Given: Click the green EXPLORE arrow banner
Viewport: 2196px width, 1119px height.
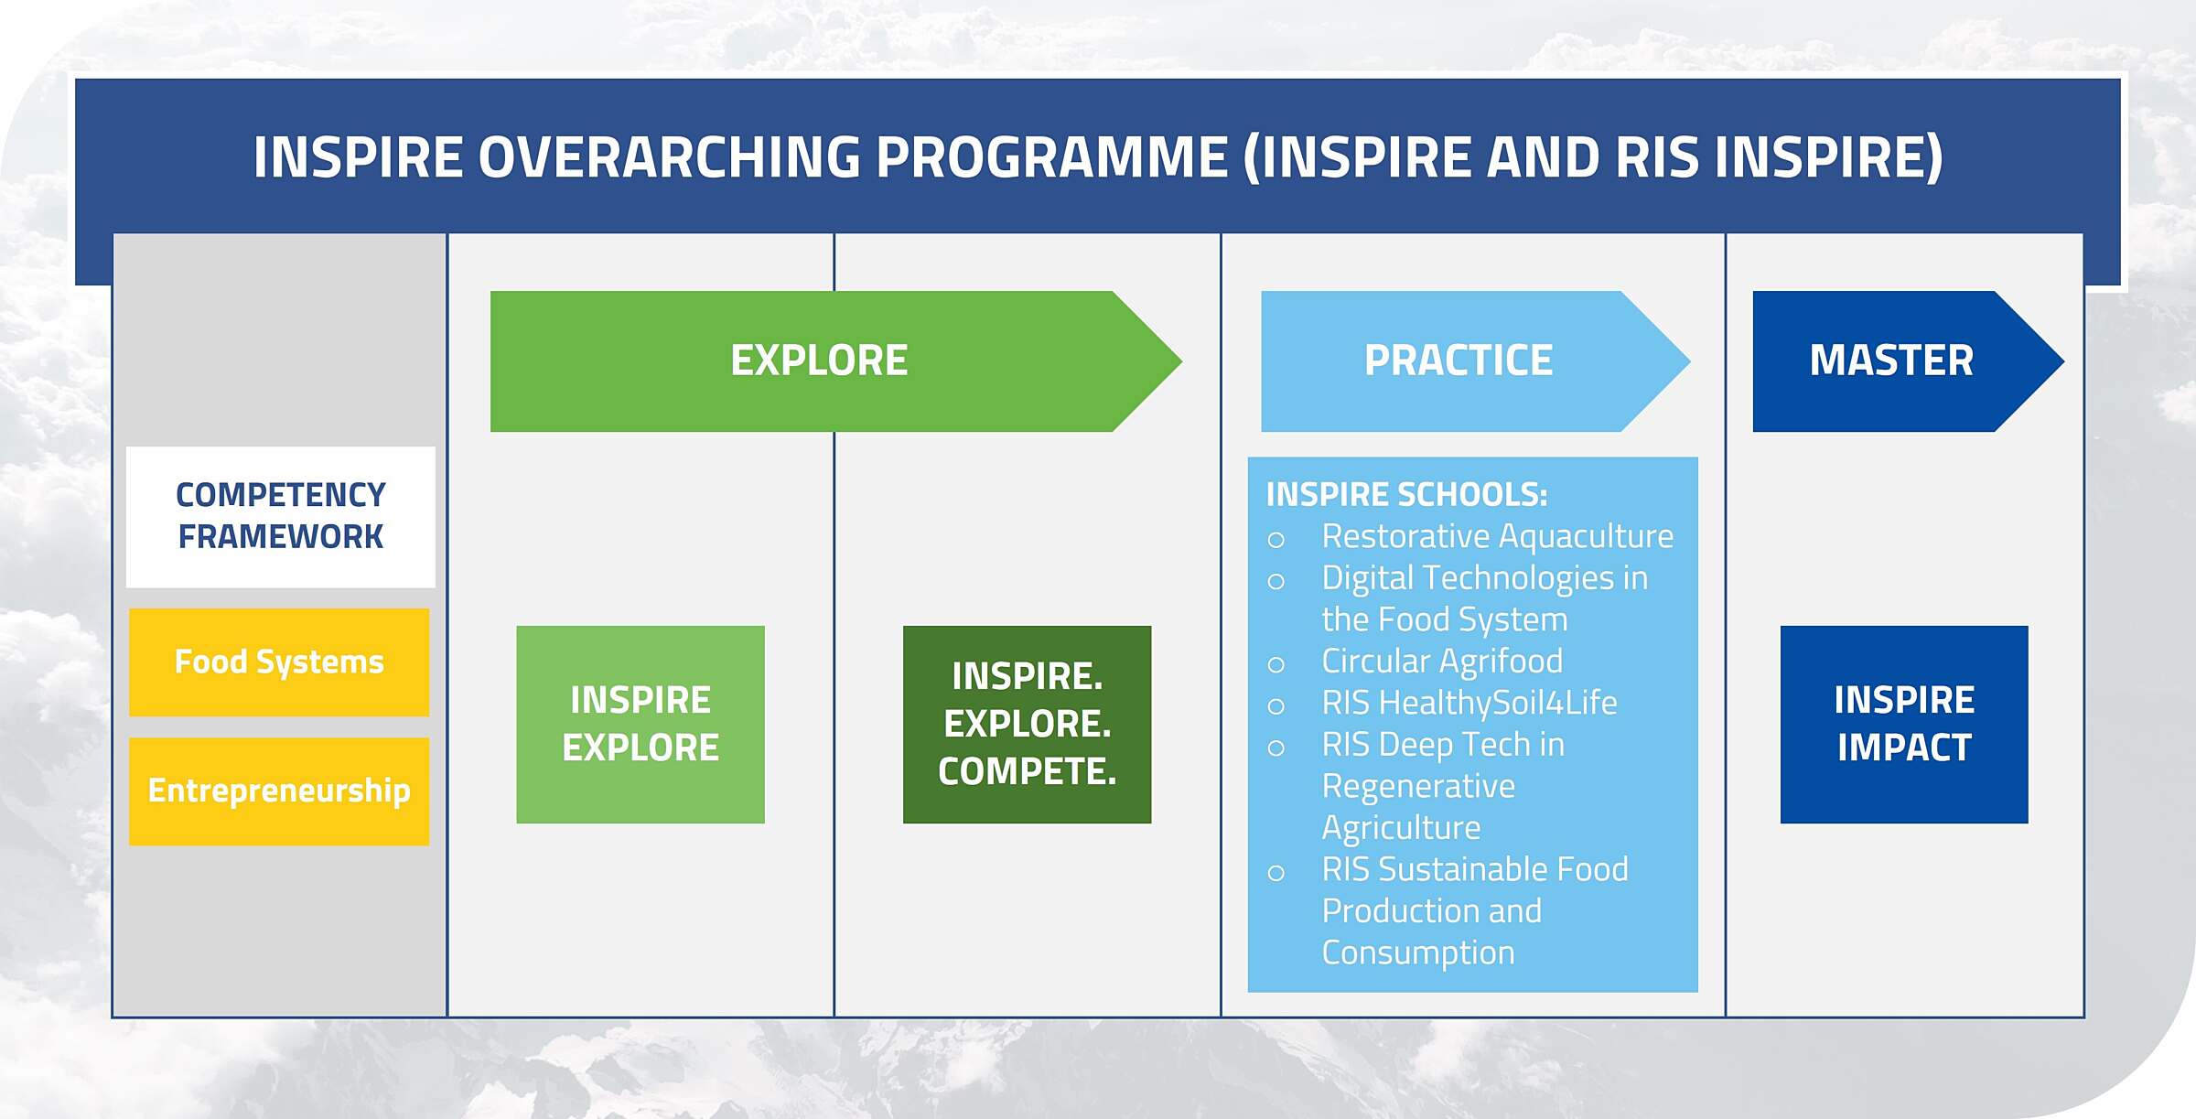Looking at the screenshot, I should (819, 360).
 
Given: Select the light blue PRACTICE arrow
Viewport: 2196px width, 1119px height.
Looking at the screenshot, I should (1459, 360).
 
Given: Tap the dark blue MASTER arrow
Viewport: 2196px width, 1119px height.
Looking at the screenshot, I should (1891, 360).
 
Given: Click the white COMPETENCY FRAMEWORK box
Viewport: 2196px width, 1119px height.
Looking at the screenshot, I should (280, 516).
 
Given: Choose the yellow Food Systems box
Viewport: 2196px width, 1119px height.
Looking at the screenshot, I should (279, 662).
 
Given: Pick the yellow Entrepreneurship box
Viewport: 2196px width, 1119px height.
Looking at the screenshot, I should (279, 791).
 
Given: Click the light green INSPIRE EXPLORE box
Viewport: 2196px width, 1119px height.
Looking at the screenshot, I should (640, 724).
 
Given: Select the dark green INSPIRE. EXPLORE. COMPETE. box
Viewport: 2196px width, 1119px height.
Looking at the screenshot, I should (1027, 724).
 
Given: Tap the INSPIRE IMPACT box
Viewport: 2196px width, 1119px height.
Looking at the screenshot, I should (1904, 724).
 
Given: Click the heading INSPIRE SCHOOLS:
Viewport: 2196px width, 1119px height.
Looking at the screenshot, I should (1406, 495).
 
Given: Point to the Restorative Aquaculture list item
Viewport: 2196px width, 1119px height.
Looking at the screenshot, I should (1497, 536).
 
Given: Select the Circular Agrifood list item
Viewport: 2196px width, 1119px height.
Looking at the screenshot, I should (1442, 661).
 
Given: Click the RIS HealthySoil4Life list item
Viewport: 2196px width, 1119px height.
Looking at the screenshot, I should (1469, 703).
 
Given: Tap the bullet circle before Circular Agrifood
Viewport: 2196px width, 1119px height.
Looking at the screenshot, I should (1276, 665).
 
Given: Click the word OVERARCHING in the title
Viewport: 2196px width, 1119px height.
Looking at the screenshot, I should (669, 157).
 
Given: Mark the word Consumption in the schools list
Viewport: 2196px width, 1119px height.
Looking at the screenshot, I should (1418, 952).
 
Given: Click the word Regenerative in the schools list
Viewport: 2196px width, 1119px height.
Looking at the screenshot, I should (1418, 786).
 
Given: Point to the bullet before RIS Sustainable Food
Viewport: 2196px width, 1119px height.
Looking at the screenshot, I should (1276, 873).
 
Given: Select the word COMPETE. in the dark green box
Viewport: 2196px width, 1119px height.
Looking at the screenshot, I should (1027, 771).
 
